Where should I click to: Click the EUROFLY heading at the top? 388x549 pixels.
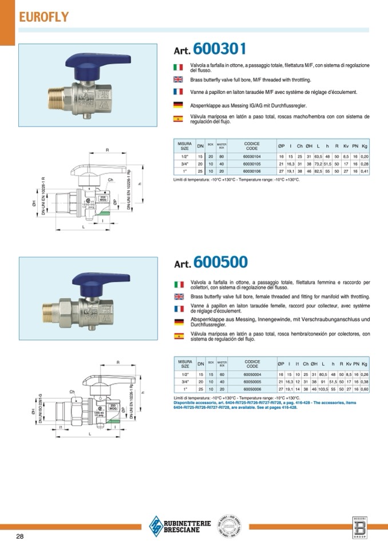(43, 17)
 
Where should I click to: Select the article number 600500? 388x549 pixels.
(220, 262)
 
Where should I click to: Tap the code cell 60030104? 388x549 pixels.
(252, 156)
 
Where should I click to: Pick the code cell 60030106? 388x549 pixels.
(252, 171)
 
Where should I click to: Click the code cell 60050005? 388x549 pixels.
(252, 381)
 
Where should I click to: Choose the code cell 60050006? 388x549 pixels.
(252, 389)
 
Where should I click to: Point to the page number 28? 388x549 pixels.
(20, 536)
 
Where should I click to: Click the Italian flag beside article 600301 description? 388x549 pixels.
(178, 67)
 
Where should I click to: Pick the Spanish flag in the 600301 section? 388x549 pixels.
(178, 119)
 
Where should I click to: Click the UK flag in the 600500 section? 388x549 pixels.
(178, 297)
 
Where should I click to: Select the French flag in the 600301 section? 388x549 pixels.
(178, 92)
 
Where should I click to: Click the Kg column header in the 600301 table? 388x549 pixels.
(365, 147)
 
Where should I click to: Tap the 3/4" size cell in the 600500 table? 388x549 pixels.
(184, 381)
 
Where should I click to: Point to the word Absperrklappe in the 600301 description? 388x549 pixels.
(204, 105)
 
